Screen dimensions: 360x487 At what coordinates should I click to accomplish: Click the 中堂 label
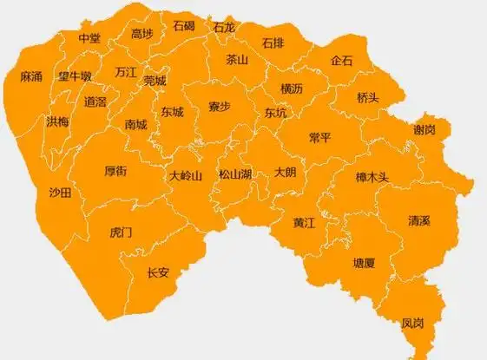(x=89, y=38)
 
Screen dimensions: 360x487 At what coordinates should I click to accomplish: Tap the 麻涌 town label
(x=31, y=77)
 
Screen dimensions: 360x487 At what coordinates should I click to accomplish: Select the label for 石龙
(x=224, y=28)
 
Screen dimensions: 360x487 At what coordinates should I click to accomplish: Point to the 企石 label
(x=341, y=61)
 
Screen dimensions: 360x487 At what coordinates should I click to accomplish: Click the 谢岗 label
(x=424, y=129)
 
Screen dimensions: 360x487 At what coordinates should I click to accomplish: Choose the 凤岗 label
(x=412, y=324)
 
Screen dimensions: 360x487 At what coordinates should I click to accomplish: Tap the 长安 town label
(x=158, y=272)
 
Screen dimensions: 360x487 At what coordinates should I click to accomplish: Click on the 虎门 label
(x=121, y=232)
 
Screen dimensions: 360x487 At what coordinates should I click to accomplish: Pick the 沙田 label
(x=60, y=192)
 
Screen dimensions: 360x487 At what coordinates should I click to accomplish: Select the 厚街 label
(x=115, y=172)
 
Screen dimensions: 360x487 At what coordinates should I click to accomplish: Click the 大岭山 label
(x=186, y=175)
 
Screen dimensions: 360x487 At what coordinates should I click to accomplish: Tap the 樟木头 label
(x=372, y=177)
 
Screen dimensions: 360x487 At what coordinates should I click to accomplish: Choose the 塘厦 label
(x=364, y=262)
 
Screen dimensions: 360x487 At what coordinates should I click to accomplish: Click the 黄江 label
(x=304, y=222)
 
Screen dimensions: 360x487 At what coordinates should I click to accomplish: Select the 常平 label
(x=319, y=138)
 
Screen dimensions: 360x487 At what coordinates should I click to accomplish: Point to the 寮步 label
(x=219, y=107)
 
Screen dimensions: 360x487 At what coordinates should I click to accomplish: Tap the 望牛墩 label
(x=75, y=76)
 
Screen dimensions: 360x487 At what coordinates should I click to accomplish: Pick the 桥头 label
(x=368, y=98)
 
